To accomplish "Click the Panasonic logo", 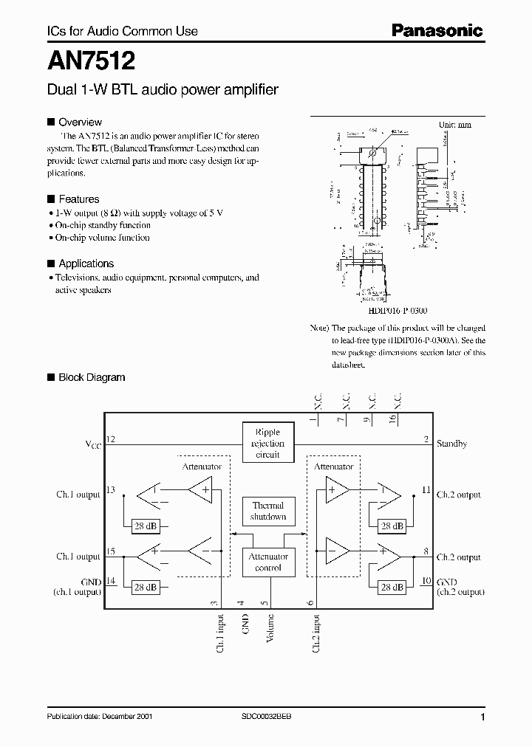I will coord(436,30).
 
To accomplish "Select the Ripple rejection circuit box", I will coord(267,443).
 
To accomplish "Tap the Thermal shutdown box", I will coord(267,511).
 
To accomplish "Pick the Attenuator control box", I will coord(267,562).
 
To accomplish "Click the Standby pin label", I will coord(451,444).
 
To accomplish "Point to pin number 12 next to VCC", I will coord(112,439).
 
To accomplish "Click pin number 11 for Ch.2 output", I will coord(426,489).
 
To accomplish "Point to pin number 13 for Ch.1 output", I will coord(112,489).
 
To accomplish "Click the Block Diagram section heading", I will coord(92,377).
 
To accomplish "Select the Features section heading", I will coord(78,199).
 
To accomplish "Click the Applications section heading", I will coord(86,264).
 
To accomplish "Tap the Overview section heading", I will coord(80,123).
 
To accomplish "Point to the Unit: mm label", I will coord(454,125).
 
